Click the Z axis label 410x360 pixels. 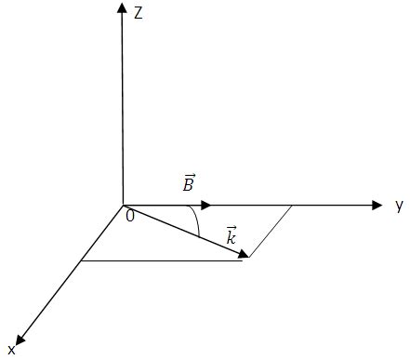[x=137, y=14]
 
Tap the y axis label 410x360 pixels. [x=399, y=206]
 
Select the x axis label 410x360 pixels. [x=11, y=350]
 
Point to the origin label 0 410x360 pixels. [x=129, y=217]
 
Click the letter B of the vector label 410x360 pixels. [x=188, y=186]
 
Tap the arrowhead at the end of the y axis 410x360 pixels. [x=377, y=205]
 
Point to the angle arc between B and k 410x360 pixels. [x=197, y=220]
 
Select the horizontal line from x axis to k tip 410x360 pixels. [x=163, y=260]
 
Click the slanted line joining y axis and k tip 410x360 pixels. [x=270, y=233]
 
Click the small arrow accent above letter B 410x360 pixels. [x=188, y=175]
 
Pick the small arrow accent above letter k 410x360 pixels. [x=231, y=227]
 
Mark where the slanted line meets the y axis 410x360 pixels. [x=294, y=205]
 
